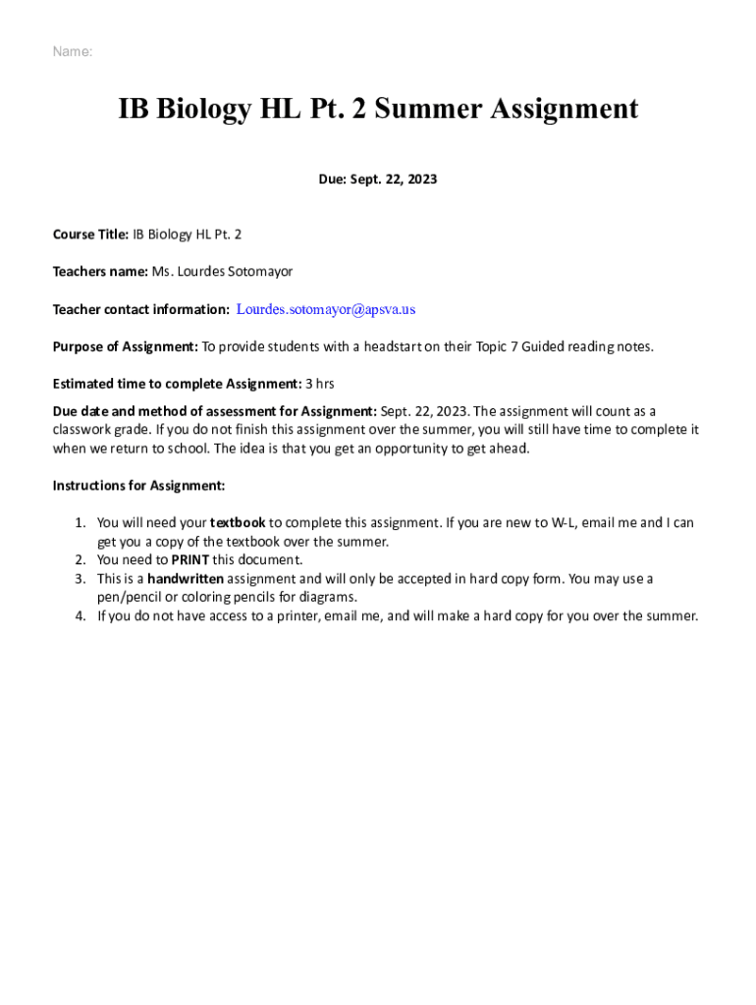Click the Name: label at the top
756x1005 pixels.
[x=73, y=52]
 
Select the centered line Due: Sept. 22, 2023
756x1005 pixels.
[x=378, y=180]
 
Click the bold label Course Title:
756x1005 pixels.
[x=90, y=234]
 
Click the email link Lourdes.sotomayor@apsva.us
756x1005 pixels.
[x=326, y=309]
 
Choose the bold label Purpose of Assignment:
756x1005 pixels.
[x=126, y=346]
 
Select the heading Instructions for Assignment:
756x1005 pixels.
[x=138, y=486]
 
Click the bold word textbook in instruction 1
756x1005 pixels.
[x=238, y=523]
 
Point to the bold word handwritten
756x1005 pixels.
[x=186, y=579]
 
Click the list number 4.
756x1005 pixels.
[x=81, y=616]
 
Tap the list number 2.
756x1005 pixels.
[x=81, y=560]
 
